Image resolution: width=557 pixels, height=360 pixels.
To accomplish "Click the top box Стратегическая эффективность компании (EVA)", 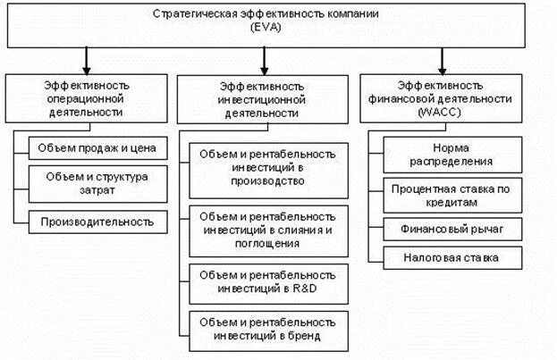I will [x=277, y=23].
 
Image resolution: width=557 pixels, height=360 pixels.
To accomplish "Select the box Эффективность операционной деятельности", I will [x=87, y=98].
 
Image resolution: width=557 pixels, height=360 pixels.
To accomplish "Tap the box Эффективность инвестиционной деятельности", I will [x=265, y=99].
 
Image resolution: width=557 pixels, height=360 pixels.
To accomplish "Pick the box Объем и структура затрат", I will [x=97, y=184].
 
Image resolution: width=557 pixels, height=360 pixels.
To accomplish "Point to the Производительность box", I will [x=97, y=221].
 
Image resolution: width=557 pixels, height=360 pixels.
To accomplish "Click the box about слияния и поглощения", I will [x=265, y=230].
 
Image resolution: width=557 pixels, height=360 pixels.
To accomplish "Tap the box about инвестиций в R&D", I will [x=265, y=280].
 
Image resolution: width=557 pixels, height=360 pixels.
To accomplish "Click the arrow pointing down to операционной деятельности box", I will [x=87, y=62].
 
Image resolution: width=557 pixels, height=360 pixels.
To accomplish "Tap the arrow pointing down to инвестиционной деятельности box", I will [x=265, y=62].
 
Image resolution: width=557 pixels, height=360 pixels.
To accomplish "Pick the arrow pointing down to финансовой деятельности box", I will [x=443, y=62].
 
